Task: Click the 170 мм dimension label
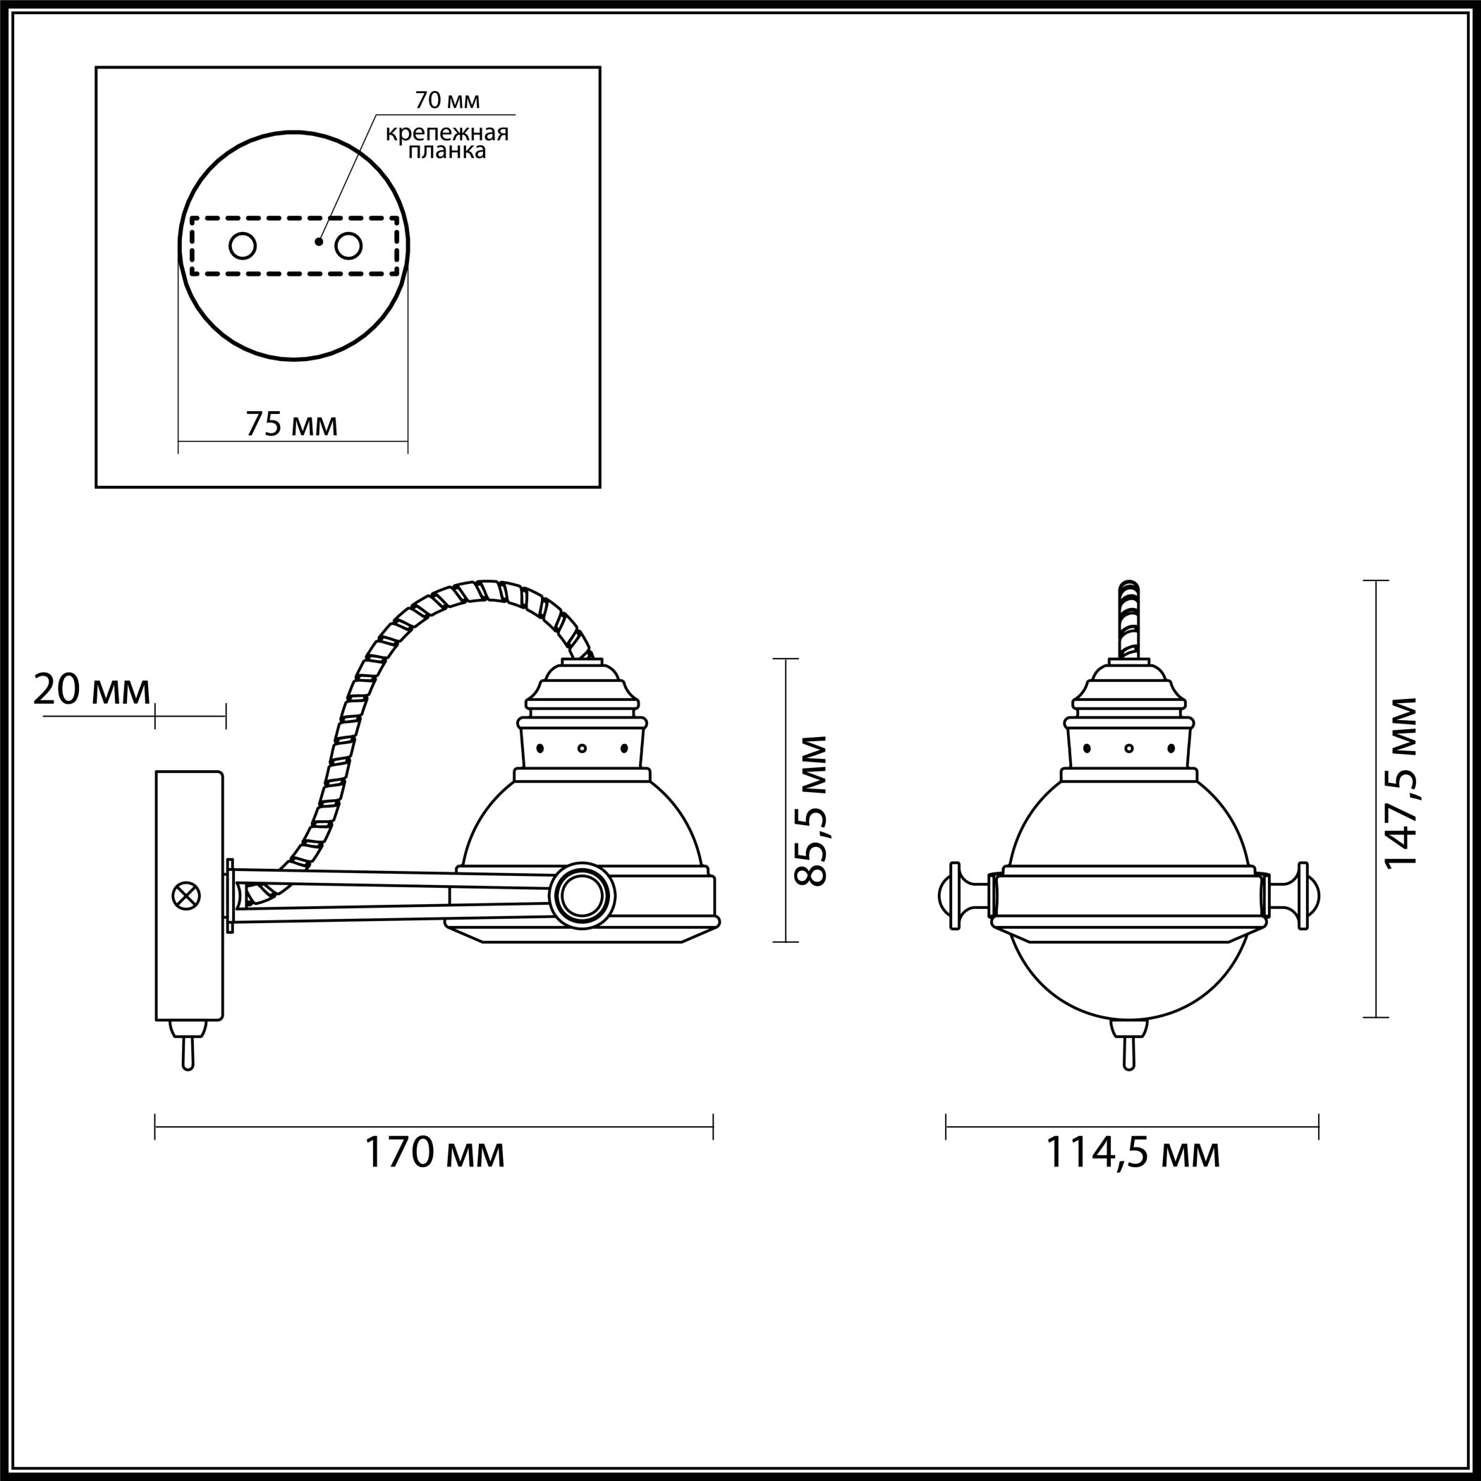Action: click(434, 1174)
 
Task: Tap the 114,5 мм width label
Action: click(1133, 1174)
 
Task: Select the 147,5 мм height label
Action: click(1401, 793)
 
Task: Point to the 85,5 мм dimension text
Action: click(810, 811)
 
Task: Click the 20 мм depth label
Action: click(92, 690)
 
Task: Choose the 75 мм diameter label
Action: click(291, 423)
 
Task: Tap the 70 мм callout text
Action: click(448, 99)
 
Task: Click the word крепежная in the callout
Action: click(447, 133)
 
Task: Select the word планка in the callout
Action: click(447, 151)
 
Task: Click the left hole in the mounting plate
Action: click(243, 245)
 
